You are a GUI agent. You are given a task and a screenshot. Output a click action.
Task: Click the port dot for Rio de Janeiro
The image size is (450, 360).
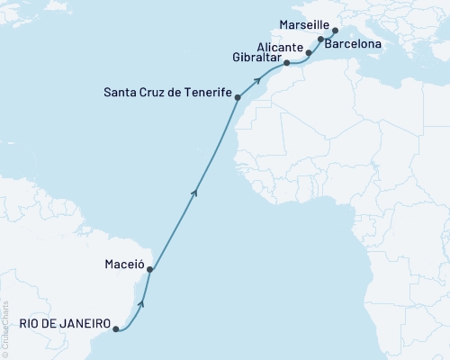coord(115,329)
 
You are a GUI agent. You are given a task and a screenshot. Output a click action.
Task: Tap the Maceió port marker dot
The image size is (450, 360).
coord(150,269)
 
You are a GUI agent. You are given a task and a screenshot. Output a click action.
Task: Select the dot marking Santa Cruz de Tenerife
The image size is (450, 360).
coord(238,96)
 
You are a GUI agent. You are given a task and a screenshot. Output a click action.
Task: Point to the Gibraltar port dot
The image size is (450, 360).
coord(286,63)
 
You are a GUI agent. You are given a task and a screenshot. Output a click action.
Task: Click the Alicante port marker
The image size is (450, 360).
coord(309,53)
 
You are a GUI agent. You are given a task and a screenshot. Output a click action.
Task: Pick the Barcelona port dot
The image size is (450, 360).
coord(321,40)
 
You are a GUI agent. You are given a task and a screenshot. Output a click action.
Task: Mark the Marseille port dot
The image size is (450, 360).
coord(335,30)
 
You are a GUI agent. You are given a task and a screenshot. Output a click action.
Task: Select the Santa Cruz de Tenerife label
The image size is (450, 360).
coord(167,92)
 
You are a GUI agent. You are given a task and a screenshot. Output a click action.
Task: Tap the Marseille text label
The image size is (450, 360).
coord(302,24)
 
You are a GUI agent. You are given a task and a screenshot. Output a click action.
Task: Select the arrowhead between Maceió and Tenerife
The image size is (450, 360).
coord(194,189)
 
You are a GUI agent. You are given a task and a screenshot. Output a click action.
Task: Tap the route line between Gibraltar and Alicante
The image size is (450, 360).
coord(298,61)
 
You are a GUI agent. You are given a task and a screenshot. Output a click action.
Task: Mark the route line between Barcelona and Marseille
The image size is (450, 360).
coord(328,34)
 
